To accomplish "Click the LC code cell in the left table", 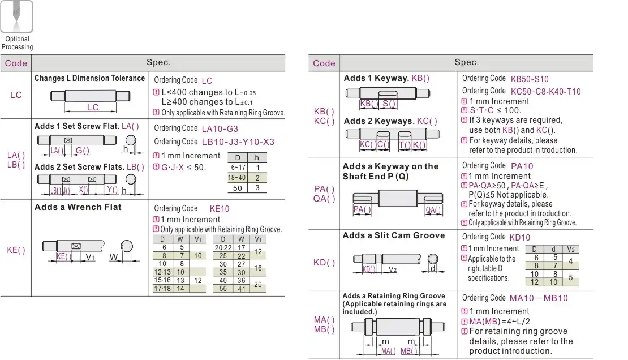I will click(16, 95).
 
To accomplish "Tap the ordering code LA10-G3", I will click(220, 128).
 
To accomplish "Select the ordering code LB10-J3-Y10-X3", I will click(238, 142).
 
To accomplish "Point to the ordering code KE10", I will click(220, 208).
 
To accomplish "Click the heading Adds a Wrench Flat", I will click(78, 207).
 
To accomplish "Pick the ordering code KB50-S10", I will click(530, 79).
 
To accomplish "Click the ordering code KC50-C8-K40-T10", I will click(545, 92).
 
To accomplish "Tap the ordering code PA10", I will click(522, 166).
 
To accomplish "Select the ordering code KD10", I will click(520, 238).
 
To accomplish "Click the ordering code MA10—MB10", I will click(539, 298).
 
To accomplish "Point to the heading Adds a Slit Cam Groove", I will click(394, 235).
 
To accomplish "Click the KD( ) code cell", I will click(324, 263).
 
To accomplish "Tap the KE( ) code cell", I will click(16, 250).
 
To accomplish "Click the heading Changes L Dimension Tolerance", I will click(89, 78).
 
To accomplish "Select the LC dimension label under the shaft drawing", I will click(93, 108).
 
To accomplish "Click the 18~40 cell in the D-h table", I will click(237, 178).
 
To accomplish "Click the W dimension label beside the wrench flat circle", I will click(113, 257).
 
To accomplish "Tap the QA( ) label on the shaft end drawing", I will click(433, 210).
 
